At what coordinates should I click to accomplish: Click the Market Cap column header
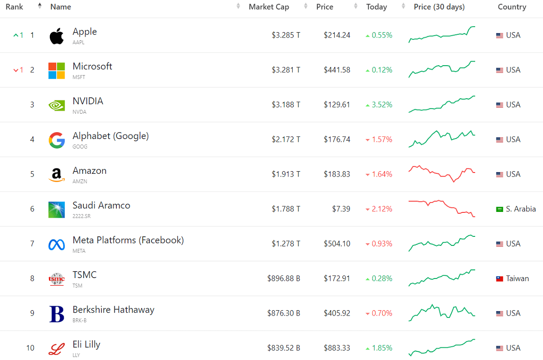click(269, 7)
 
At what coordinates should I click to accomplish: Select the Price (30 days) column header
click(439, 7)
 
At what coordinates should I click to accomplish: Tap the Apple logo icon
click(57, 36)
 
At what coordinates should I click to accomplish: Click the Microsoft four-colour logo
click(57, 71)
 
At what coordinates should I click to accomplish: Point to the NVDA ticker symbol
click(79, 112)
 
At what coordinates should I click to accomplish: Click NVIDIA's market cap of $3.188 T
click(286, 105)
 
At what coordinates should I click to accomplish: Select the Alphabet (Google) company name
click(110, 136)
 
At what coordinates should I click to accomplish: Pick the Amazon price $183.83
click(337, 174)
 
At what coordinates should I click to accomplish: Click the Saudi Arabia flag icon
click(500, 209)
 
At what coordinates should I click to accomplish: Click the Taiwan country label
click(517, 278)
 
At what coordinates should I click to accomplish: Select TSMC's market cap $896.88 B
click(284, 278)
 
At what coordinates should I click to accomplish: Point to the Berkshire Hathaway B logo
click(57, 314)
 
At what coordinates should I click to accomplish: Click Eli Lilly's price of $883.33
click(337, 348)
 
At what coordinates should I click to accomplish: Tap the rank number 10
click(30, 348)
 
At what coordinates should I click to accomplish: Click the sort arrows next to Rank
click(40, 6)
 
